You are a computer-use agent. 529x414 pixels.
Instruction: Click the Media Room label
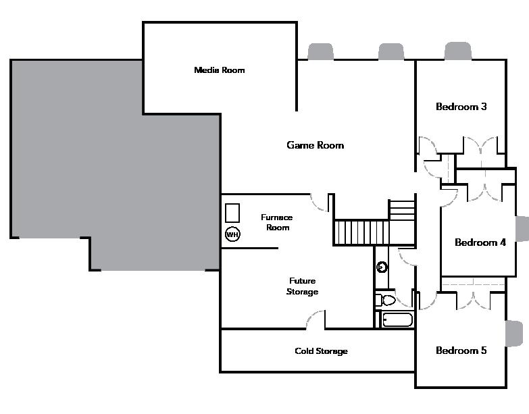[219, 70]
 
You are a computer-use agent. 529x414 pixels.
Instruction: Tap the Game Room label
[315, 145]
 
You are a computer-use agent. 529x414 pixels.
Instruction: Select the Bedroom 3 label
[461, 107]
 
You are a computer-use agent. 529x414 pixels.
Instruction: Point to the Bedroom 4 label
[480, 242]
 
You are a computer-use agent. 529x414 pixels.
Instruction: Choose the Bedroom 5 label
[461, 351]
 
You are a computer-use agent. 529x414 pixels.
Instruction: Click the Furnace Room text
[277, 222]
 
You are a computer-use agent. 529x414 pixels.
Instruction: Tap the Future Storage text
[302, 286]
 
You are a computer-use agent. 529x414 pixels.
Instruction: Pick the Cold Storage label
[321, 351]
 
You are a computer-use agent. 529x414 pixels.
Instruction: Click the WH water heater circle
[232, 235]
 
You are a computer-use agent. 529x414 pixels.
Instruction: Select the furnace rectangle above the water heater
[233, 212]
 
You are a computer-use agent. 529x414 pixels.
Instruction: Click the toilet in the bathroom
[386, 300]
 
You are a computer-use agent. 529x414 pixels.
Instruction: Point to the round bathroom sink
[382, 267]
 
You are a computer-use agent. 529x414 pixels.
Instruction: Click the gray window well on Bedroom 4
[522, 228]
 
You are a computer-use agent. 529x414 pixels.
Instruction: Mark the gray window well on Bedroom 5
[514, 334]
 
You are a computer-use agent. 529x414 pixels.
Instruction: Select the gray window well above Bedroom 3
[458, 51]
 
